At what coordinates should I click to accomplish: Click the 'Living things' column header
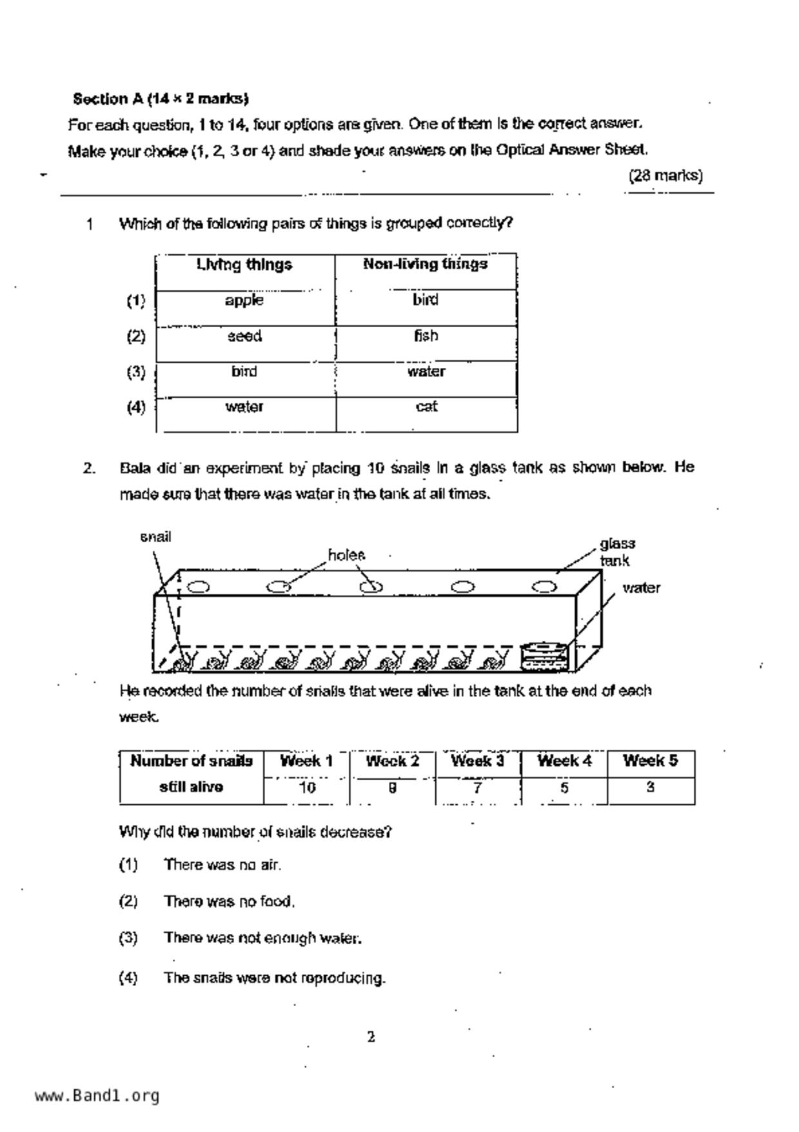click(x=244, y=265)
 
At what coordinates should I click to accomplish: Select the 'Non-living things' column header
click(x=425, y=264)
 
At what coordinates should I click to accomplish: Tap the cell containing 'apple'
click(x=244, y=301)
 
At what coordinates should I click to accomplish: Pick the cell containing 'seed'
click(x=244, y=336)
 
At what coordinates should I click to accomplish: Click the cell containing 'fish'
click(x=426, y=336)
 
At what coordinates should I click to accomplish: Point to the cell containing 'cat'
click(x=426, y=407)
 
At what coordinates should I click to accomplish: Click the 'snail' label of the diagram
click(x=155, y=537)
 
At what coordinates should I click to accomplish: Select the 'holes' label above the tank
click(x=346, y=555)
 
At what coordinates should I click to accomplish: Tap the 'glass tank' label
click(x=617, y=552)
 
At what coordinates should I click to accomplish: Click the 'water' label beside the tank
click(x=641, y=588)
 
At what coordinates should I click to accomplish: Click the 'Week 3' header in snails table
click(x=477, y=761)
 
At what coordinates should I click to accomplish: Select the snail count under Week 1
click(x=307, y=787)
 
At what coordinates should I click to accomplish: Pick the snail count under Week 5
click(x=650, y=787)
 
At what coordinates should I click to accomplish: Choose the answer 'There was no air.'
click(x=222, y=865)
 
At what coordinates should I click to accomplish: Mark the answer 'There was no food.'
click(x=229, y=902)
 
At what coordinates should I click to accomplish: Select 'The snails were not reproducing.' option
click(x=274, y=978)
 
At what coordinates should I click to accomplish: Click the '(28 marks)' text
click(x=666, y=176)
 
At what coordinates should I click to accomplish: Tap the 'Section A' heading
click(x=161, y=99)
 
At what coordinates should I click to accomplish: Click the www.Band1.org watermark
click(x=97, y=1096)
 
